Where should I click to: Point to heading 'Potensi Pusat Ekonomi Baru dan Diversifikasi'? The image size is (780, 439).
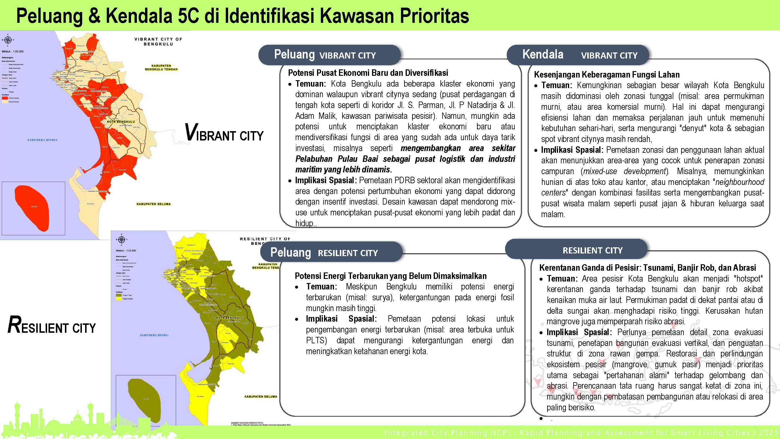(x=368, y=73)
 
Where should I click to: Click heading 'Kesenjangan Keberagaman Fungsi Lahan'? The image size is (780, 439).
(x=607, y=75)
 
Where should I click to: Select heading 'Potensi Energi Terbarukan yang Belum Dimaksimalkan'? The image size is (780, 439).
(x=391, y=276)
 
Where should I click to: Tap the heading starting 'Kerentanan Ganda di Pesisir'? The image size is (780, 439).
(x=648, y=268)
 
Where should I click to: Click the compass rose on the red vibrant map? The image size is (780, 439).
(x=8, y=40)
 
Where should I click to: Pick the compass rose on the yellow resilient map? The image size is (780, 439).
(x=121, y=240)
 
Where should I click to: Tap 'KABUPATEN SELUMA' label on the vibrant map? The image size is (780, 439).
(x=154, y=204)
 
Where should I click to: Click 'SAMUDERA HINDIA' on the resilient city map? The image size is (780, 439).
(x=154, y=335)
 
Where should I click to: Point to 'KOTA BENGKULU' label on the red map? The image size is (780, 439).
(x=121, y=122)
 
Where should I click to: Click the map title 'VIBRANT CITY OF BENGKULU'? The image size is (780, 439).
(x=158, y=42)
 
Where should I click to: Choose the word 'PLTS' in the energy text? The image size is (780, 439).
(x=316, y=341)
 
